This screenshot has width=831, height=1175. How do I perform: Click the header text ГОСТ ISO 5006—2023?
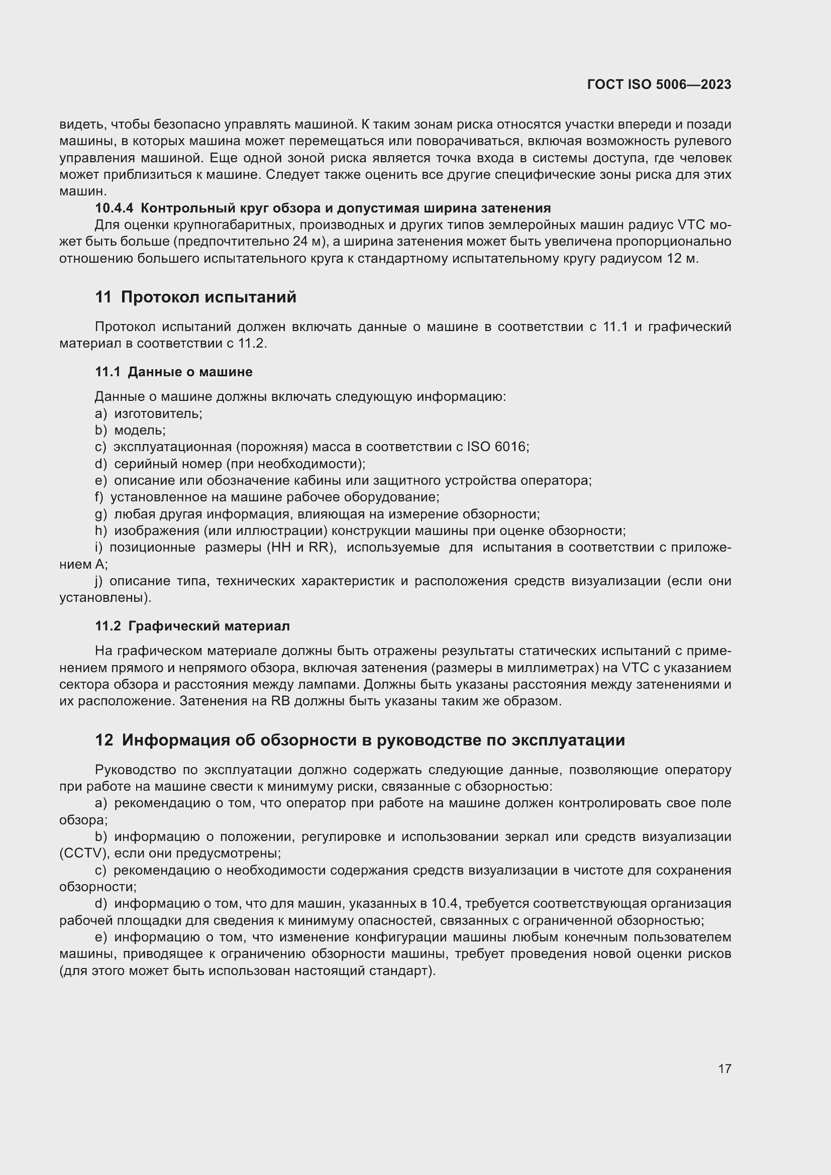(x=659, y=84)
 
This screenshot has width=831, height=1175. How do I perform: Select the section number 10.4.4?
(x=114, y=208)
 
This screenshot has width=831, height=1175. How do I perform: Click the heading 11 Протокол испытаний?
(x=195, y=297)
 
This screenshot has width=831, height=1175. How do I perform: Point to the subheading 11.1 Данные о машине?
(x=173, y=372)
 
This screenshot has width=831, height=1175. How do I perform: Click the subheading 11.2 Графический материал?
(x=192, y=626)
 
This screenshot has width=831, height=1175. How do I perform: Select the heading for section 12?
(x=360, y=740)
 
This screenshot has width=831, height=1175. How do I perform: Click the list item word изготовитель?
(x=158, y=413)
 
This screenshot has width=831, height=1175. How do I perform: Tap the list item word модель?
(x=139, y=431)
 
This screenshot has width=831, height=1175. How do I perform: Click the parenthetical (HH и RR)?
(x=301, y=548)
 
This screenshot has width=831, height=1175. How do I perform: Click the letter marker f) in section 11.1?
(x=99, y=497)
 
